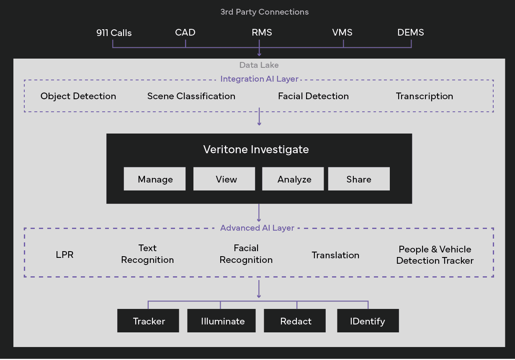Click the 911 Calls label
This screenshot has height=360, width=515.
click(x=114, y=33)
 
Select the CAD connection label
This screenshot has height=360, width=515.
click(x=185, y=32)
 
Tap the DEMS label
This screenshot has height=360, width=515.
click(x=410, y=32)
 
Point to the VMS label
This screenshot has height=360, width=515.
click(x=342, y=32)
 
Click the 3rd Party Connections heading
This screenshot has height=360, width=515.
click(x=265, y=12)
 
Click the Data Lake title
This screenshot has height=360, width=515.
click(x=259, y=65)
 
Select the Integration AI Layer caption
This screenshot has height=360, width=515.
click(x=259, y=79)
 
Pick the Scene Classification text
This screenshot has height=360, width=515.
click(x=191, y=96)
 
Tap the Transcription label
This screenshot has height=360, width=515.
click(x=424, y=96)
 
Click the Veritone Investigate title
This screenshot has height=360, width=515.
click(x=256, y=149)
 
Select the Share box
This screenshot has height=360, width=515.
click(x=359, y=179)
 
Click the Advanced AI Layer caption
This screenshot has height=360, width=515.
click(x=257, y=228)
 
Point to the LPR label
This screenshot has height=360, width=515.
click(x=64, y=255)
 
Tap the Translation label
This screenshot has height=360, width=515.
click(x=335, y=255)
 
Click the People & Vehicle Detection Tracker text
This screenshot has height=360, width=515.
click(x=435, y=255)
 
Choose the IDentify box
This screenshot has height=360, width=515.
click(x=368, y=321)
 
